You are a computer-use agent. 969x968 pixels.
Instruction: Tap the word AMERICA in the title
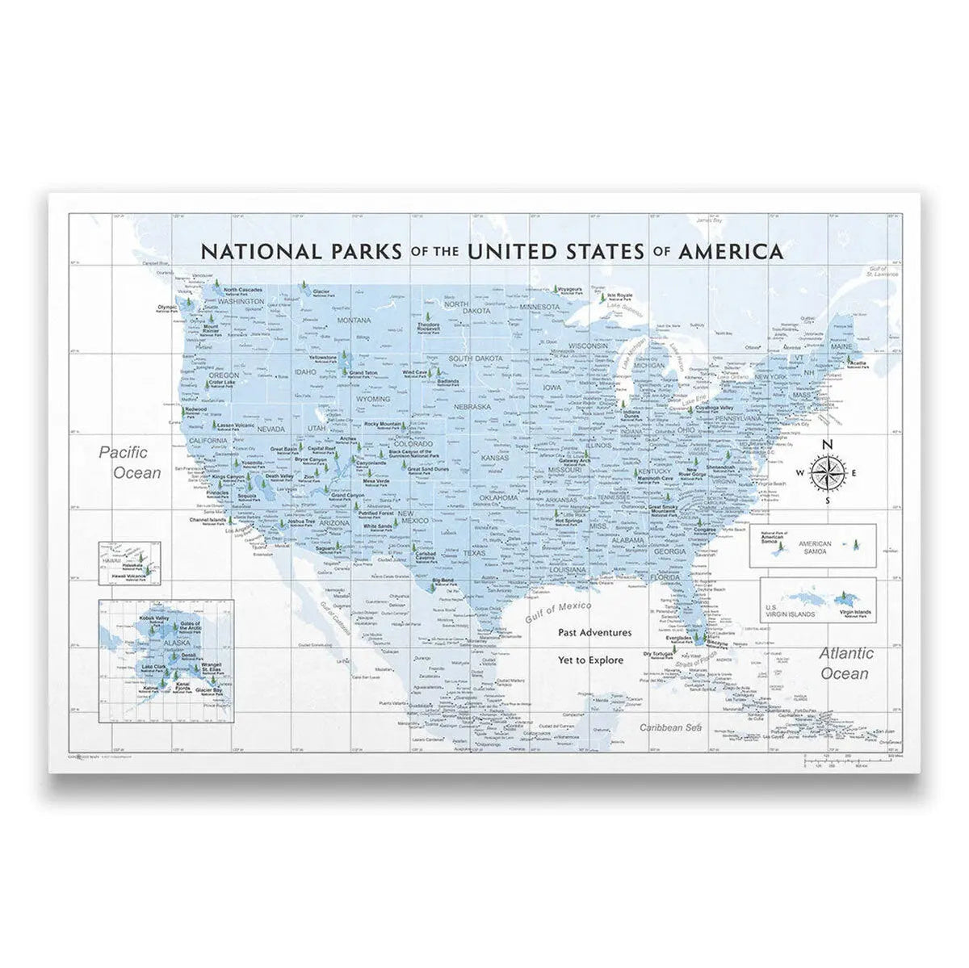coord(731,251)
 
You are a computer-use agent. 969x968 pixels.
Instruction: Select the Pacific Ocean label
coord(130,462)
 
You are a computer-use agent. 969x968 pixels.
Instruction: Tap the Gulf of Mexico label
coord(557,612)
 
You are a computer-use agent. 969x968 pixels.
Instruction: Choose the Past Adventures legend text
coord(594,633)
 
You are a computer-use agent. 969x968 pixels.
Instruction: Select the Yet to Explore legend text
coord(590,660)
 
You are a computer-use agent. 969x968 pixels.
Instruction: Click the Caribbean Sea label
coord(667,727)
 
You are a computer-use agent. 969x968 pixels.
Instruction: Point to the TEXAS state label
coord(474,554)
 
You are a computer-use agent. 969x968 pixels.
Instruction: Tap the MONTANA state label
coord(354,321)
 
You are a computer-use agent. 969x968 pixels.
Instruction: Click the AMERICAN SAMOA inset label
coord(815,547)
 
